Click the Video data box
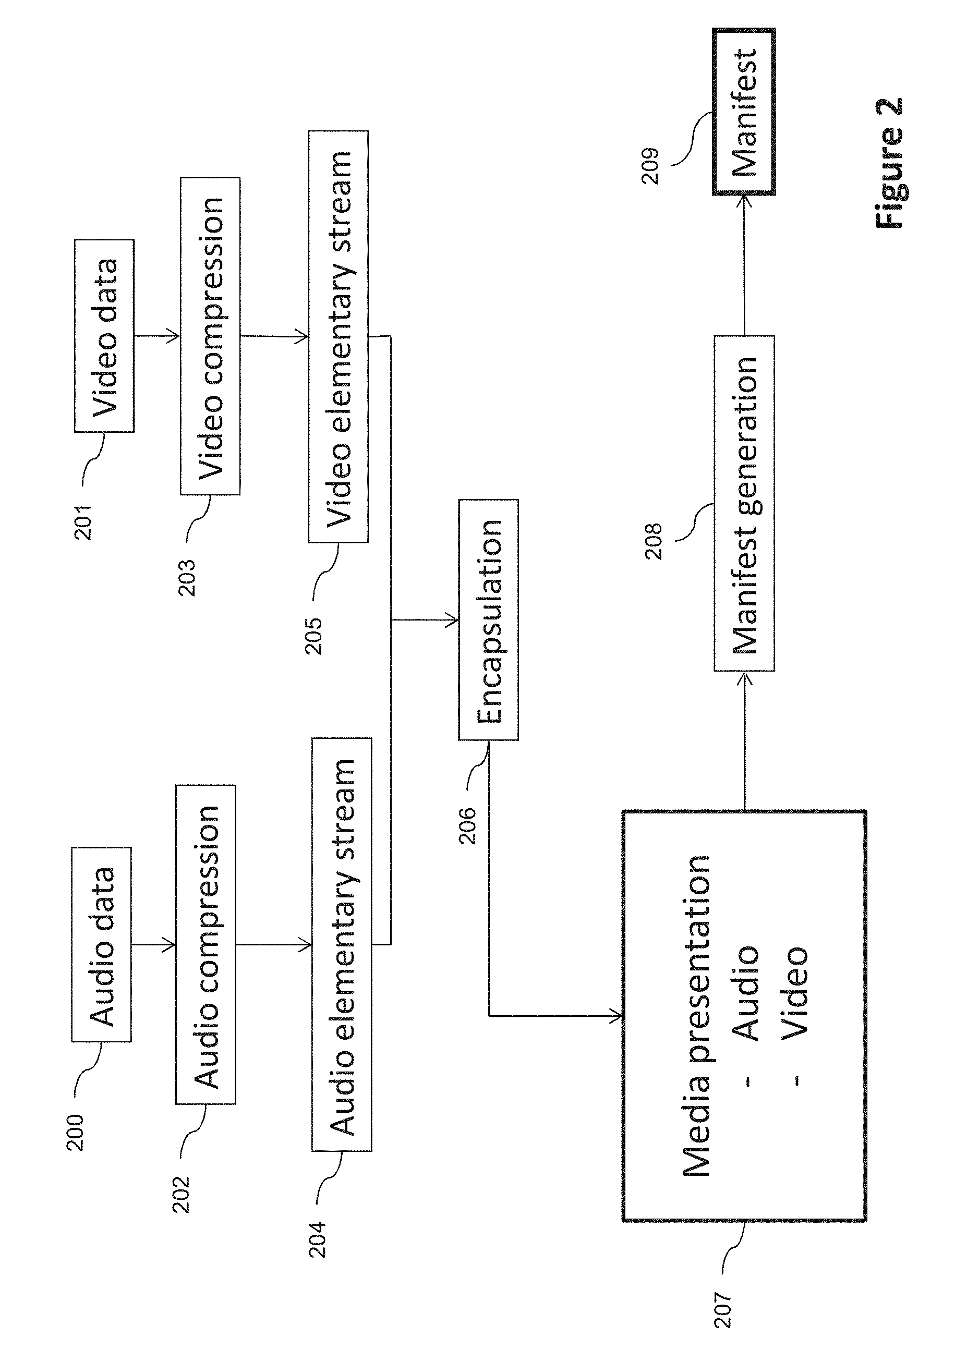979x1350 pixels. pos(104,336)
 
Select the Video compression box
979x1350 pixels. pos(210,336)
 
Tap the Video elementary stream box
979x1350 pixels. pos(339,336)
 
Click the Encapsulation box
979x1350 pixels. pos(488,619)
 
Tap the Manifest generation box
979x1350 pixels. pos(744,503)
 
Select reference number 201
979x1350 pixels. pos(83,522)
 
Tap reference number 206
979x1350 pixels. pos(467,825)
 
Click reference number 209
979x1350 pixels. pos(650,166)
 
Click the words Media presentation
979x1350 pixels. pos(696,1016)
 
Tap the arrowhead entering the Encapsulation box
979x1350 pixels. pos(452,620)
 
